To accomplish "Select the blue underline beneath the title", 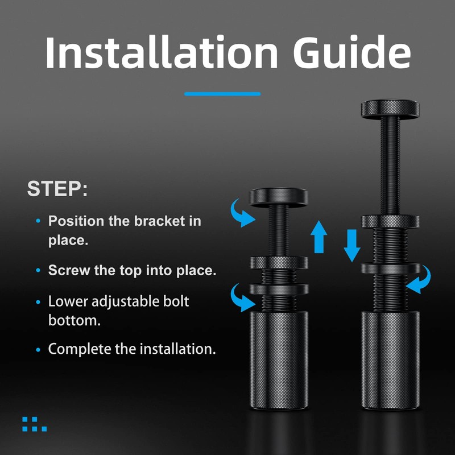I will point(222,94).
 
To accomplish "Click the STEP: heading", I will point(57,189).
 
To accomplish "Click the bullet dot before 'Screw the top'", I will point(38,271).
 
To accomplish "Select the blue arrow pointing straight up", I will point(320,237).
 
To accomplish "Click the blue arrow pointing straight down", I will point(351,243).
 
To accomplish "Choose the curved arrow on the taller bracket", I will point(419,280).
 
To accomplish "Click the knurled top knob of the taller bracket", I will point(390,107).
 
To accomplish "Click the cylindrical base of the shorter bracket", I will point(279,358).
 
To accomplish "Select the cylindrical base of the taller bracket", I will point(390,358).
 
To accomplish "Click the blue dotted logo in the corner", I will point(34,424).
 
